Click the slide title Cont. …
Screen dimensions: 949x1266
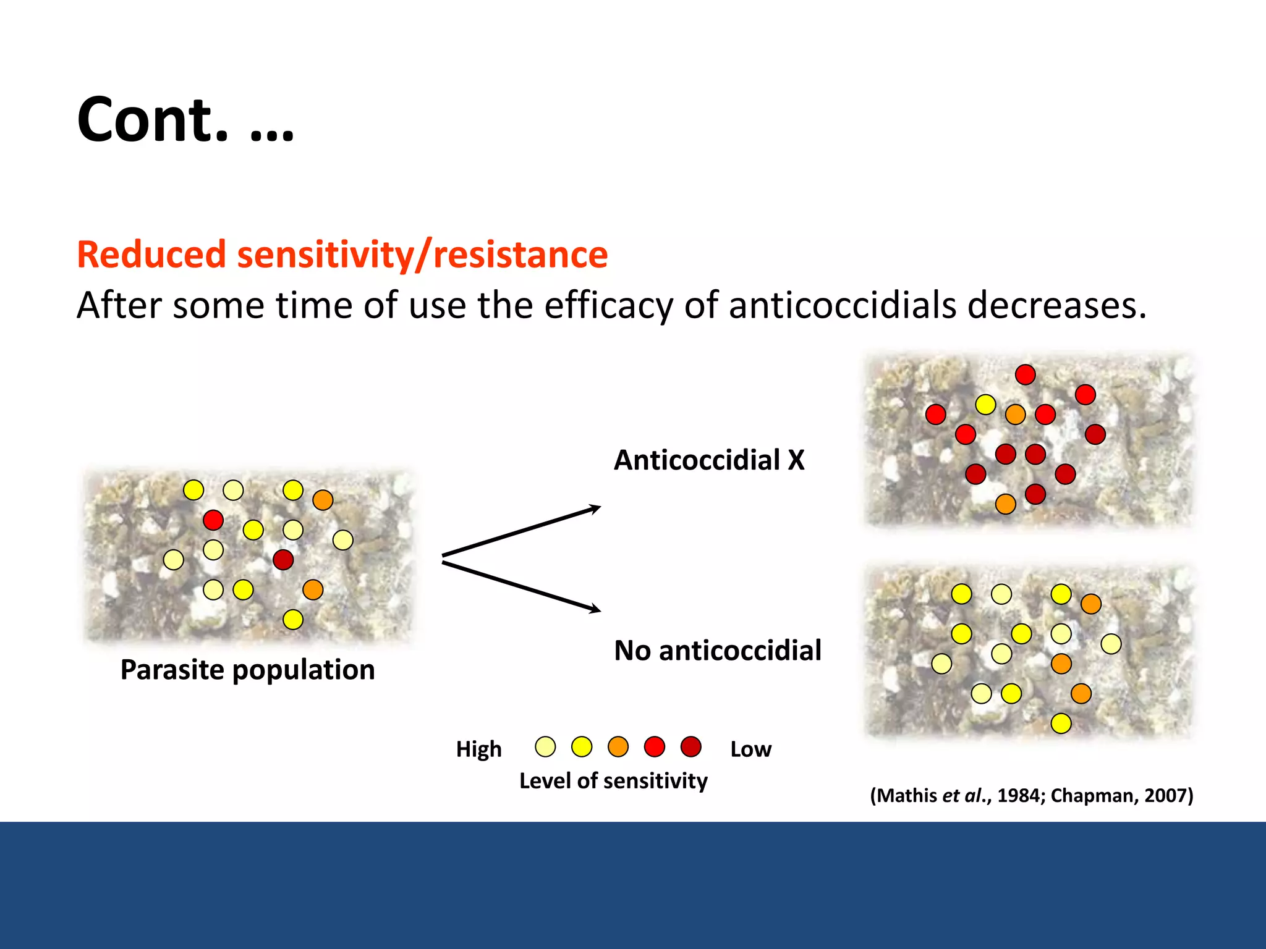click(x=185, y=120)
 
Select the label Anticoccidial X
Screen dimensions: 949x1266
click(x=709, y=460)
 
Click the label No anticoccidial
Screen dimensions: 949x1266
click(x=717, y=651)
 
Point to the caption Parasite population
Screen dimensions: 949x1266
click(x=247, y=670)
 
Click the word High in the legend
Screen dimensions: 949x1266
click(x=478, y=749)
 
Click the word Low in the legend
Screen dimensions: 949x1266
click(x=750, y=749)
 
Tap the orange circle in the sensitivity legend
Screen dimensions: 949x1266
click(x=618, y=746)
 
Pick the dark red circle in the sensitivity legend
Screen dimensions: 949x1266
click(x=690, y=746)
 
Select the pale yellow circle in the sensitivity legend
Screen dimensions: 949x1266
click(x=545, y=746)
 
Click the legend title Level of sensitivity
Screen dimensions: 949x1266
click(x=613, y=781)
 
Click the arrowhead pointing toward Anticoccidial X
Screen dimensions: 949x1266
click(x=595, y=509)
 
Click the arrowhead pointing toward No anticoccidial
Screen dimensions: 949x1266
click(x=595, y=609)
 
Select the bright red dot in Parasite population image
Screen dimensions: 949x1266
click(x=213, y=520)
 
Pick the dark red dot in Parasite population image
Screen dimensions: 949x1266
click(x=283, y=560)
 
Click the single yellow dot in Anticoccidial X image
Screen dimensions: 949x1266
click(x=985, y=405)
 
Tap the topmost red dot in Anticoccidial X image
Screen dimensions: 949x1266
click(x=1025, y=374)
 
